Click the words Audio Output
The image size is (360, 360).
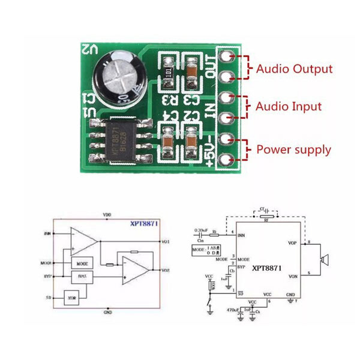[294, 68]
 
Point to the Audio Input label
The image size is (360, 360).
[289, 107]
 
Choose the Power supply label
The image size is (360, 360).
[293, 149]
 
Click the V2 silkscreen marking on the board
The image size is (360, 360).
[89, 50]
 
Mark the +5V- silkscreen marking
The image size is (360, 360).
[210, 149]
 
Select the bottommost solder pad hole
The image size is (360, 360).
[227, 160]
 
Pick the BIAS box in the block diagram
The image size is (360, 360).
[82, 277]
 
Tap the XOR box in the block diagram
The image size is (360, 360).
[72, 297]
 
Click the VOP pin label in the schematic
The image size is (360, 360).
[293, 243]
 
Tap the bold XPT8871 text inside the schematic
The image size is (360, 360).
[268, 269]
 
